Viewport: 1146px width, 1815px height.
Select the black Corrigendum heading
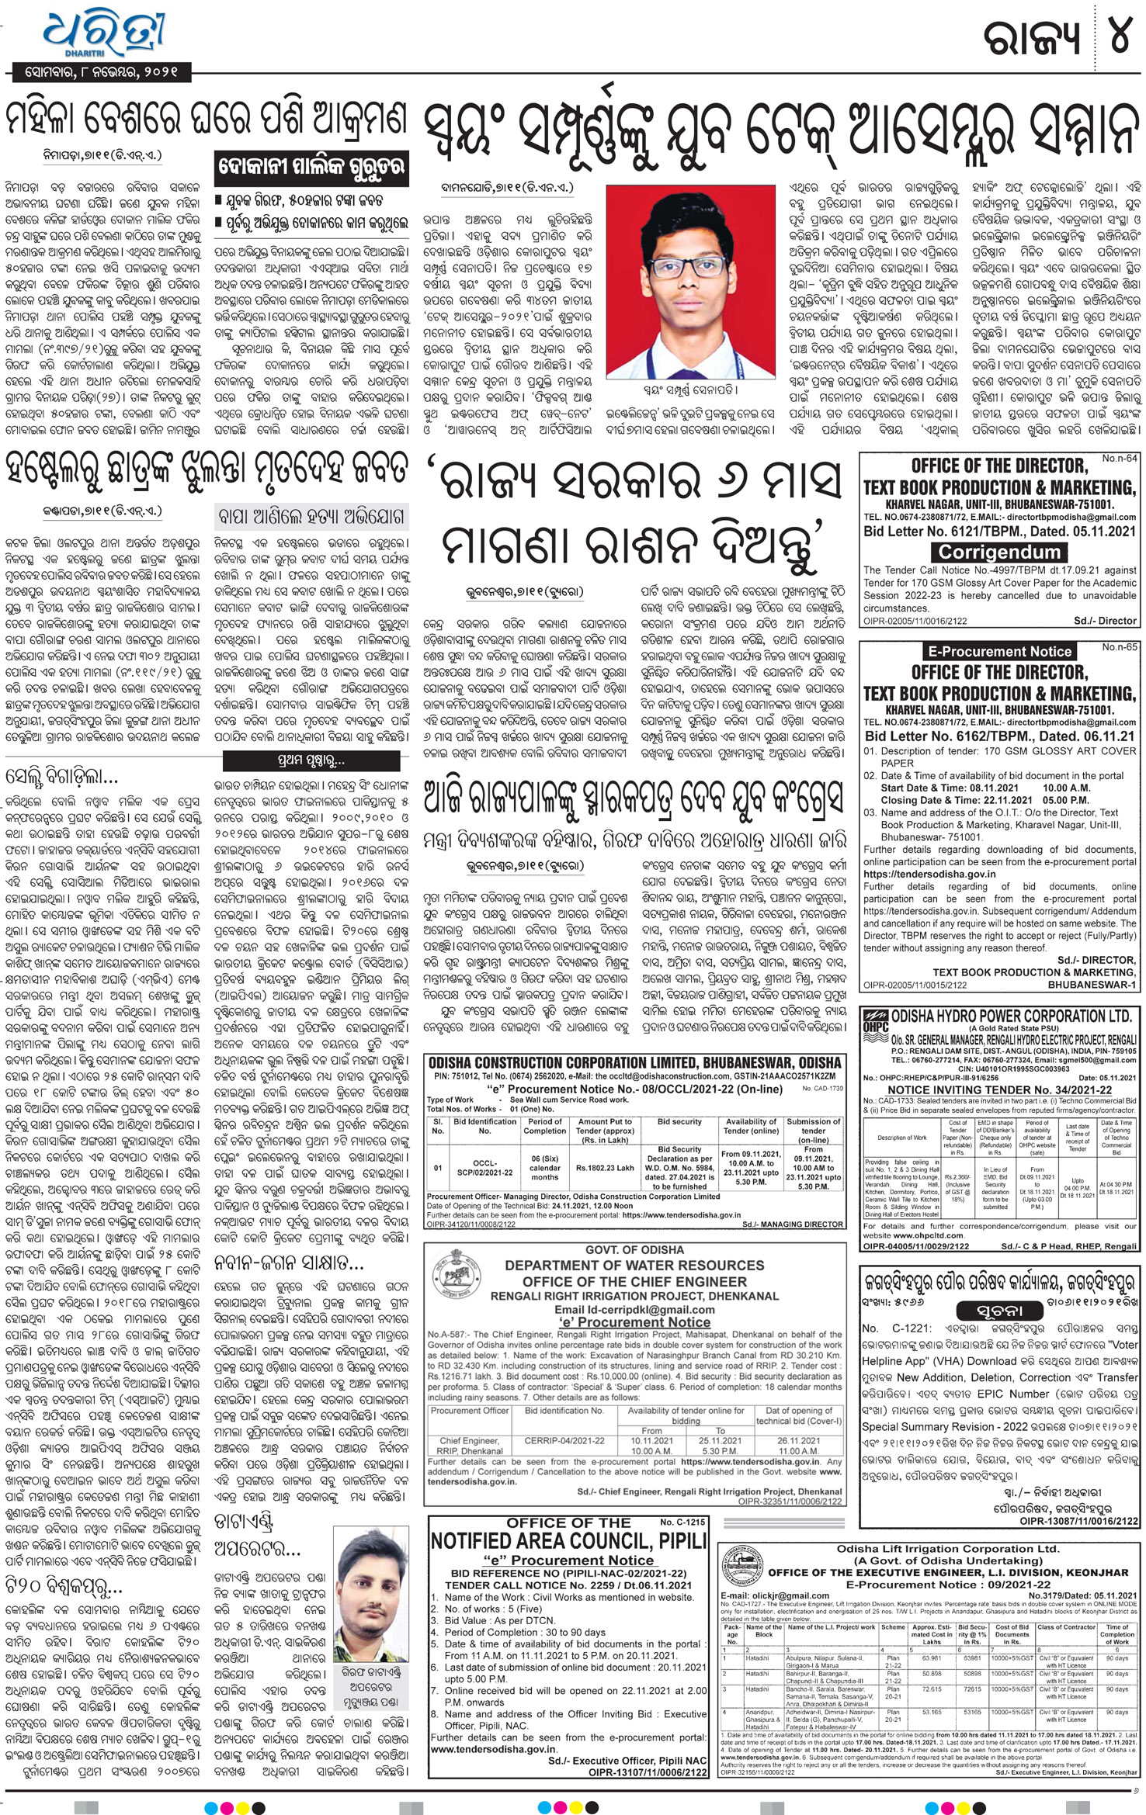click(998, 552)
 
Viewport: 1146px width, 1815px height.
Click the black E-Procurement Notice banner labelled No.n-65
click(998, 651)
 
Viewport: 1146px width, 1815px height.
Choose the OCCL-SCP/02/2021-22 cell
click(484, 1168)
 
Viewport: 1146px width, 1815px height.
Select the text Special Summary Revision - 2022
click(945, 1426)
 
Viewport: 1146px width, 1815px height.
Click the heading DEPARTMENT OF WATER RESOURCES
click(634, 1265)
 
